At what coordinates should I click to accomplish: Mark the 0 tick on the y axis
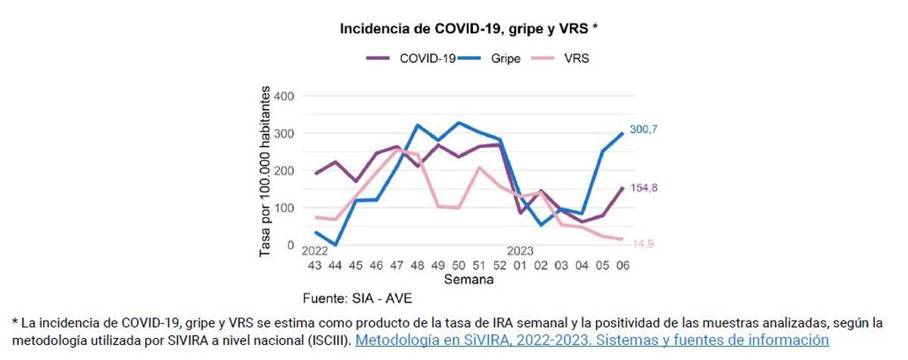coord(289,245)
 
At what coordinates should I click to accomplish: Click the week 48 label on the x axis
coord(417,265)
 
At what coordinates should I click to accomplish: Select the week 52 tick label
coord(499,265)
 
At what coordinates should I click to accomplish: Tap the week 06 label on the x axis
coord(622,265)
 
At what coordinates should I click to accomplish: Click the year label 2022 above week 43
coord(315,251)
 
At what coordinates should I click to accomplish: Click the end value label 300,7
coord(643,129)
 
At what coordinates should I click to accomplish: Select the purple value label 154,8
coord(643,188)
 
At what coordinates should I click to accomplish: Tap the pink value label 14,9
coord(643,244)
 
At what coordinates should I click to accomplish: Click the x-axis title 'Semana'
coord(468,279)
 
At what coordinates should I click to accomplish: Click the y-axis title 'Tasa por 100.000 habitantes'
coord(265,171)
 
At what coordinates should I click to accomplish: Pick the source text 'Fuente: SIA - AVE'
coord(357,297)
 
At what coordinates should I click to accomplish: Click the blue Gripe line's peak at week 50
coord(458,123)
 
